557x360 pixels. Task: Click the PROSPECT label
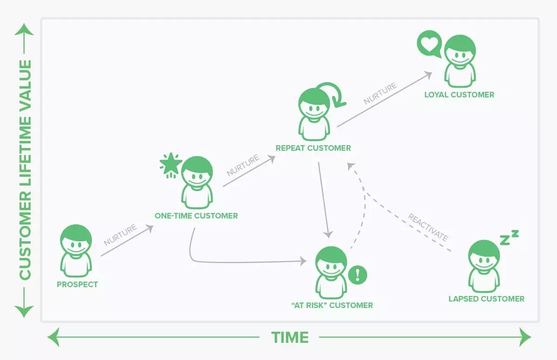(78, 284)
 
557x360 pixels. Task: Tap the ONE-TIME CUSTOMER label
(196, 216)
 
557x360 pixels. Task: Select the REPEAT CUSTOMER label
(313, 148)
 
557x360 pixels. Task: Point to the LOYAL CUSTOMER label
(459, 95)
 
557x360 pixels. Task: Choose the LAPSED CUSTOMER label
(486, 299)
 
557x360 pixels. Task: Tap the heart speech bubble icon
(428, 44)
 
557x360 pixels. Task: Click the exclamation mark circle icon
(357, 275)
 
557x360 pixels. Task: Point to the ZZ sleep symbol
(509, 238)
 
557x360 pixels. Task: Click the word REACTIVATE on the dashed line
(428, 227)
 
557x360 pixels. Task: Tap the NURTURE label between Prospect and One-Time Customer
(120, 235)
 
